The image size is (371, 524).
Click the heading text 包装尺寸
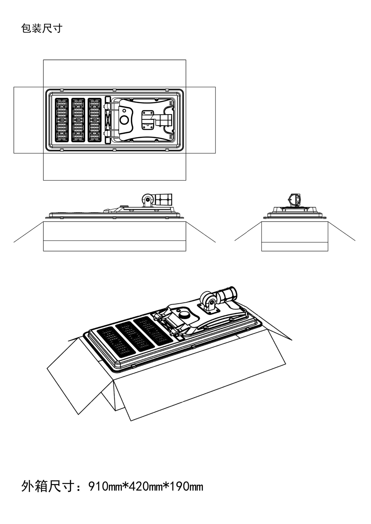click(x=42, y=28)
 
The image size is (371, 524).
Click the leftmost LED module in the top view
click(x=62, y=120)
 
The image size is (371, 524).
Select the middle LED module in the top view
click(x=78, y=120)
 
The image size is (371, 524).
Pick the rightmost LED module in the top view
click(x=94, y=120)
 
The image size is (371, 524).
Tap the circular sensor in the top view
click(x=124, y=120)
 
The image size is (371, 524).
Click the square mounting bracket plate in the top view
click(x=148, y=120)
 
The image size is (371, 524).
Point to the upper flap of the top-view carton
click(x=114, y=73)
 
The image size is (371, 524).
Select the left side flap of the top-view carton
click(x=28, y=120)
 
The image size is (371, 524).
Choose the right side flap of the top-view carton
click(x=200, y=120)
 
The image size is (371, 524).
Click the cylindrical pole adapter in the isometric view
click(x=227, y=295)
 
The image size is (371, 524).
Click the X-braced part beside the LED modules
click(x=108, y=120)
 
